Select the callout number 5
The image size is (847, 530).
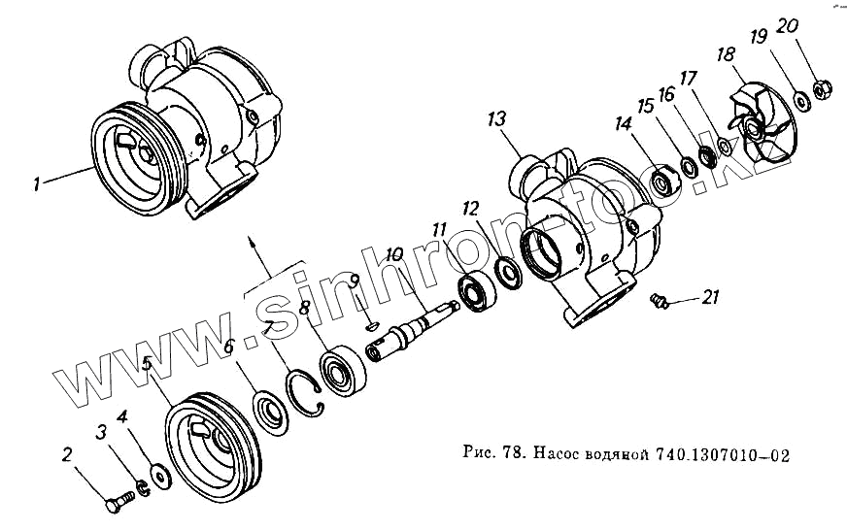click(147, 364)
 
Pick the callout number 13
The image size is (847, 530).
click(497, 119)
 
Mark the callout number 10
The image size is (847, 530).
click(393, 255)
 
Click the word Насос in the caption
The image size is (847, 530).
click(561, 453)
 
